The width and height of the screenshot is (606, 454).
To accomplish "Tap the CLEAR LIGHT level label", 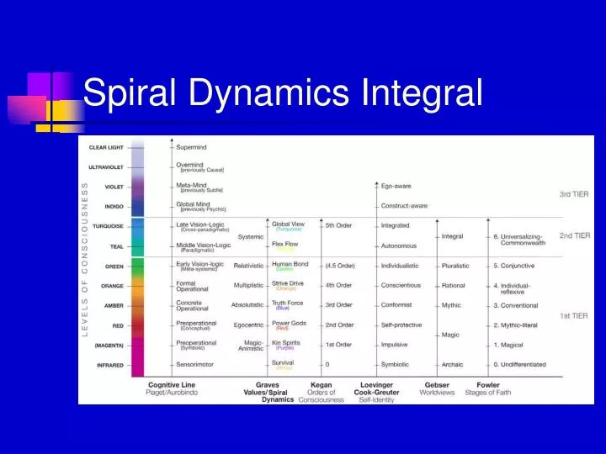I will click(107, 147).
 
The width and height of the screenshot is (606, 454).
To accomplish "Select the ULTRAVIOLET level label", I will click(107, 166).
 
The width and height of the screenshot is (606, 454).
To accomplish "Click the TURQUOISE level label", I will click(108, 226).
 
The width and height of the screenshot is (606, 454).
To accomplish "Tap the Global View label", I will click(289, 224).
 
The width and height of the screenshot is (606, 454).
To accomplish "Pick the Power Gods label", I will click(289, 322).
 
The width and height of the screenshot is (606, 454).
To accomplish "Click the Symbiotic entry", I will click(395, 365).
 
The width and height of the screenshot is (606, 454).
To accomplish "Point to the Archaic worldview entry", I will click(452, 365).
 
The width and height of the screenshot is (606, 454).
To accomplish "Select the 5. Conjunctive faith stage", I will click(513, 266).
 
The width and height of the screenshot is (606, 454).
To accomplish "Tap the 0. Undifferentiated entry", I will click(519, 365).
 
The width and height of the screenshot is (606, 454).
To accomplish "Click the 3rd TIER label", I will click(574, 194).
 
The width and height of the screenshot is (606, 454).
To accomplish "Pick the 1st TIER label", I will click(574, 315).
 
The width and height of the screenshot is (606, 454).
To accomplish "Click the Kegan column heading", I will click(322, 385).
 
